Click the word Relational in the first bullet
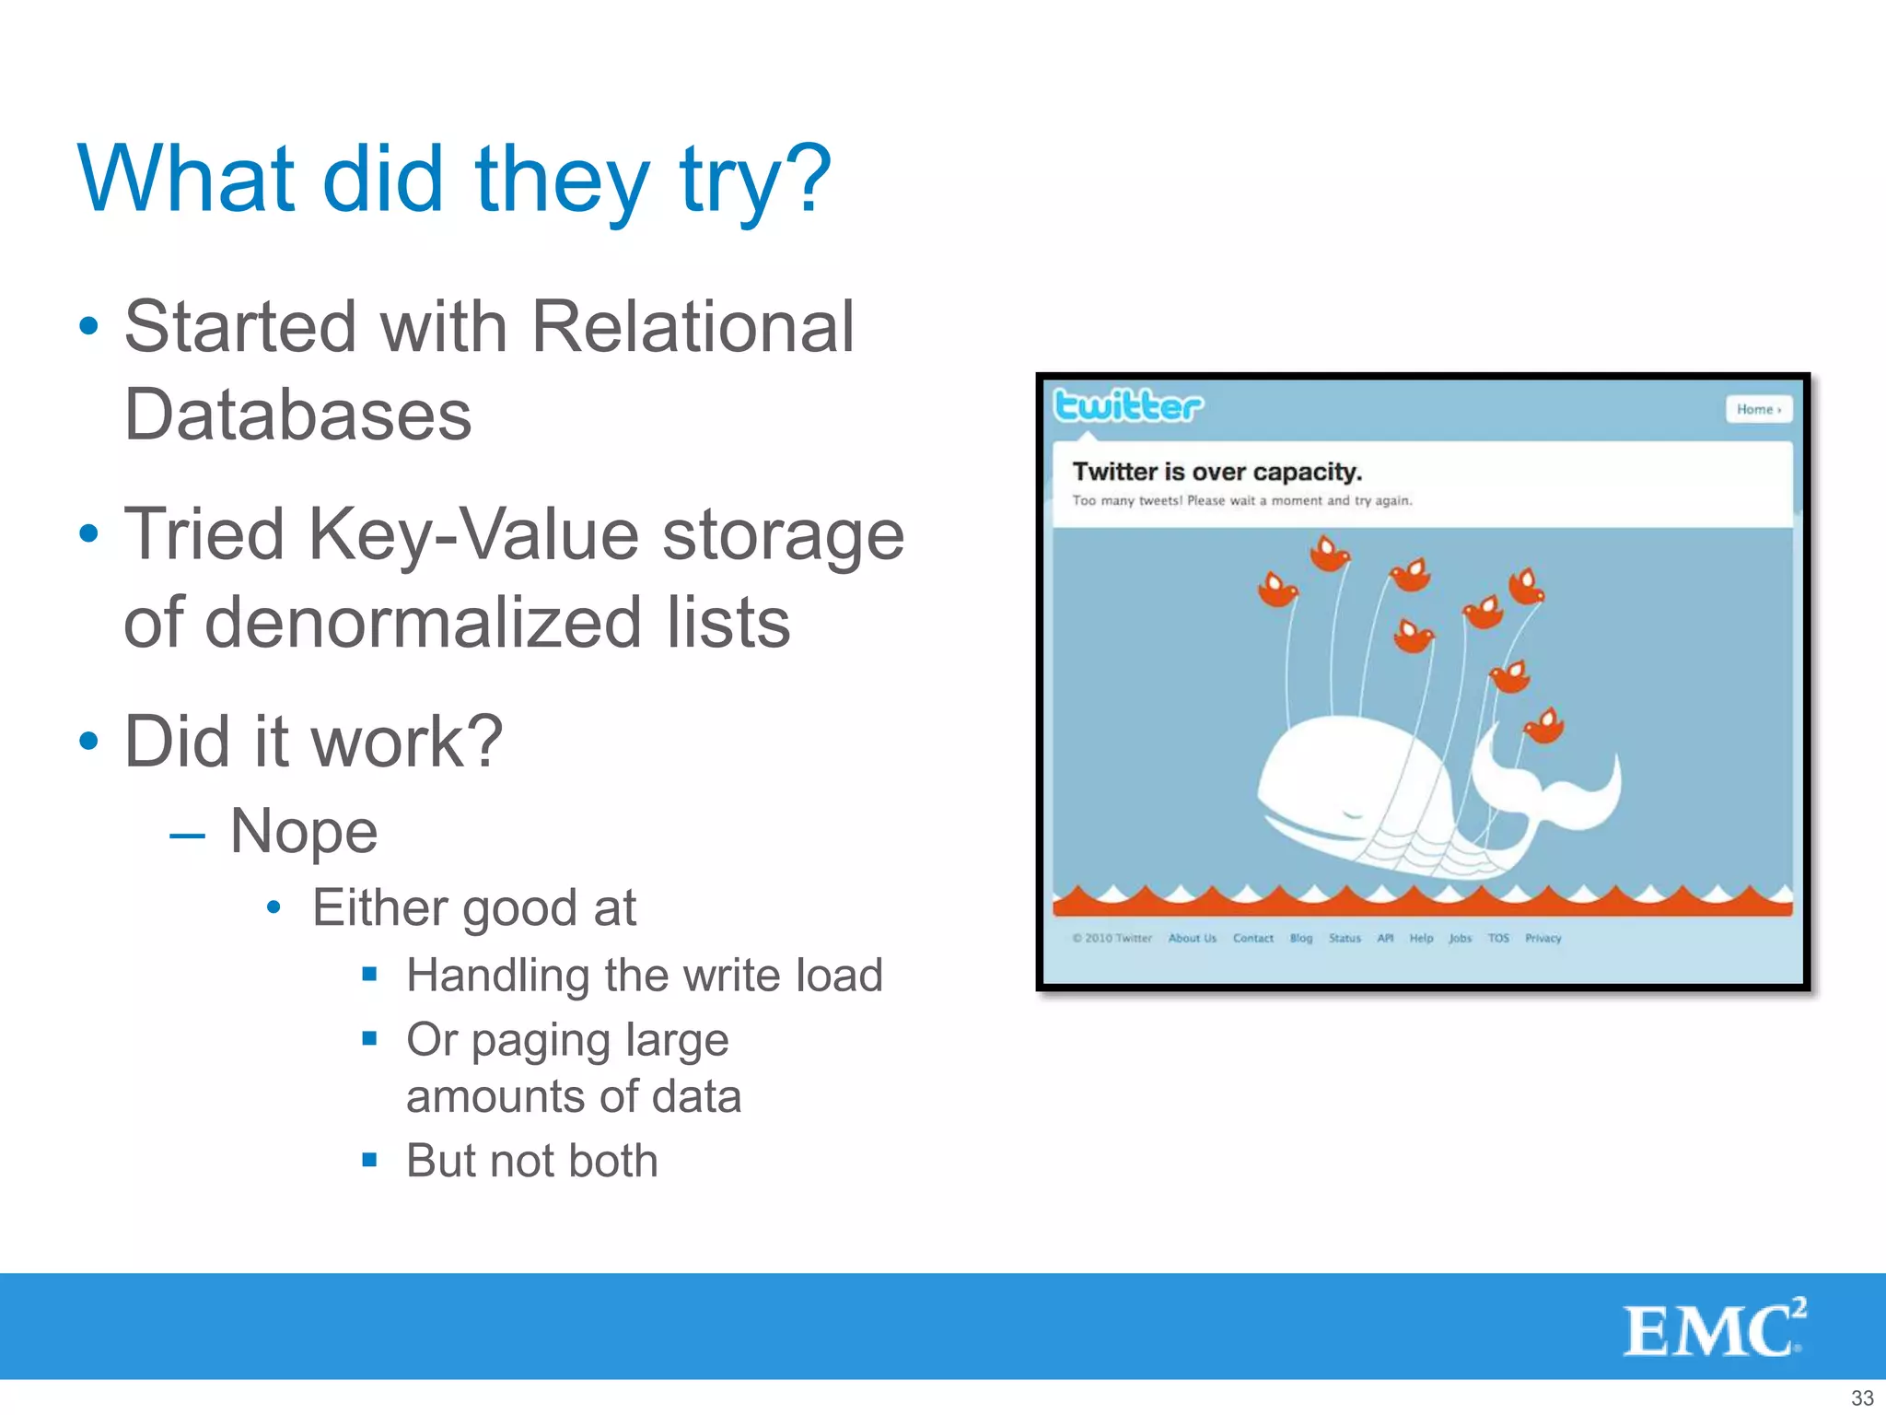click(693, 327)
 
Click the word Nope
click(303, 831)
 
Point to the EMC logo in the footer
click(1713, 1328)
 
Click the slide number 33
click(1862, 1397)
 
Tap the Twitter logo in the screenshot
click(1127, 406)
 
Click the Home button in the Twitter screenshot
click(1758, 409)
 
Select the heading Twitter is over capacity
click(1217, 472)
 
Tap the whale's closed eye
click(1352, 814)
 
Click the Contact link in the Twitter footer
click(1252, 938)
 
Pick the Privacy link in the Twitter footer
click(1543, 938)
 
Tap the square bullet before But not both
click(369, 1160)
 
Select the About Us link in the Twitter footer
click(1192, 938)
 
